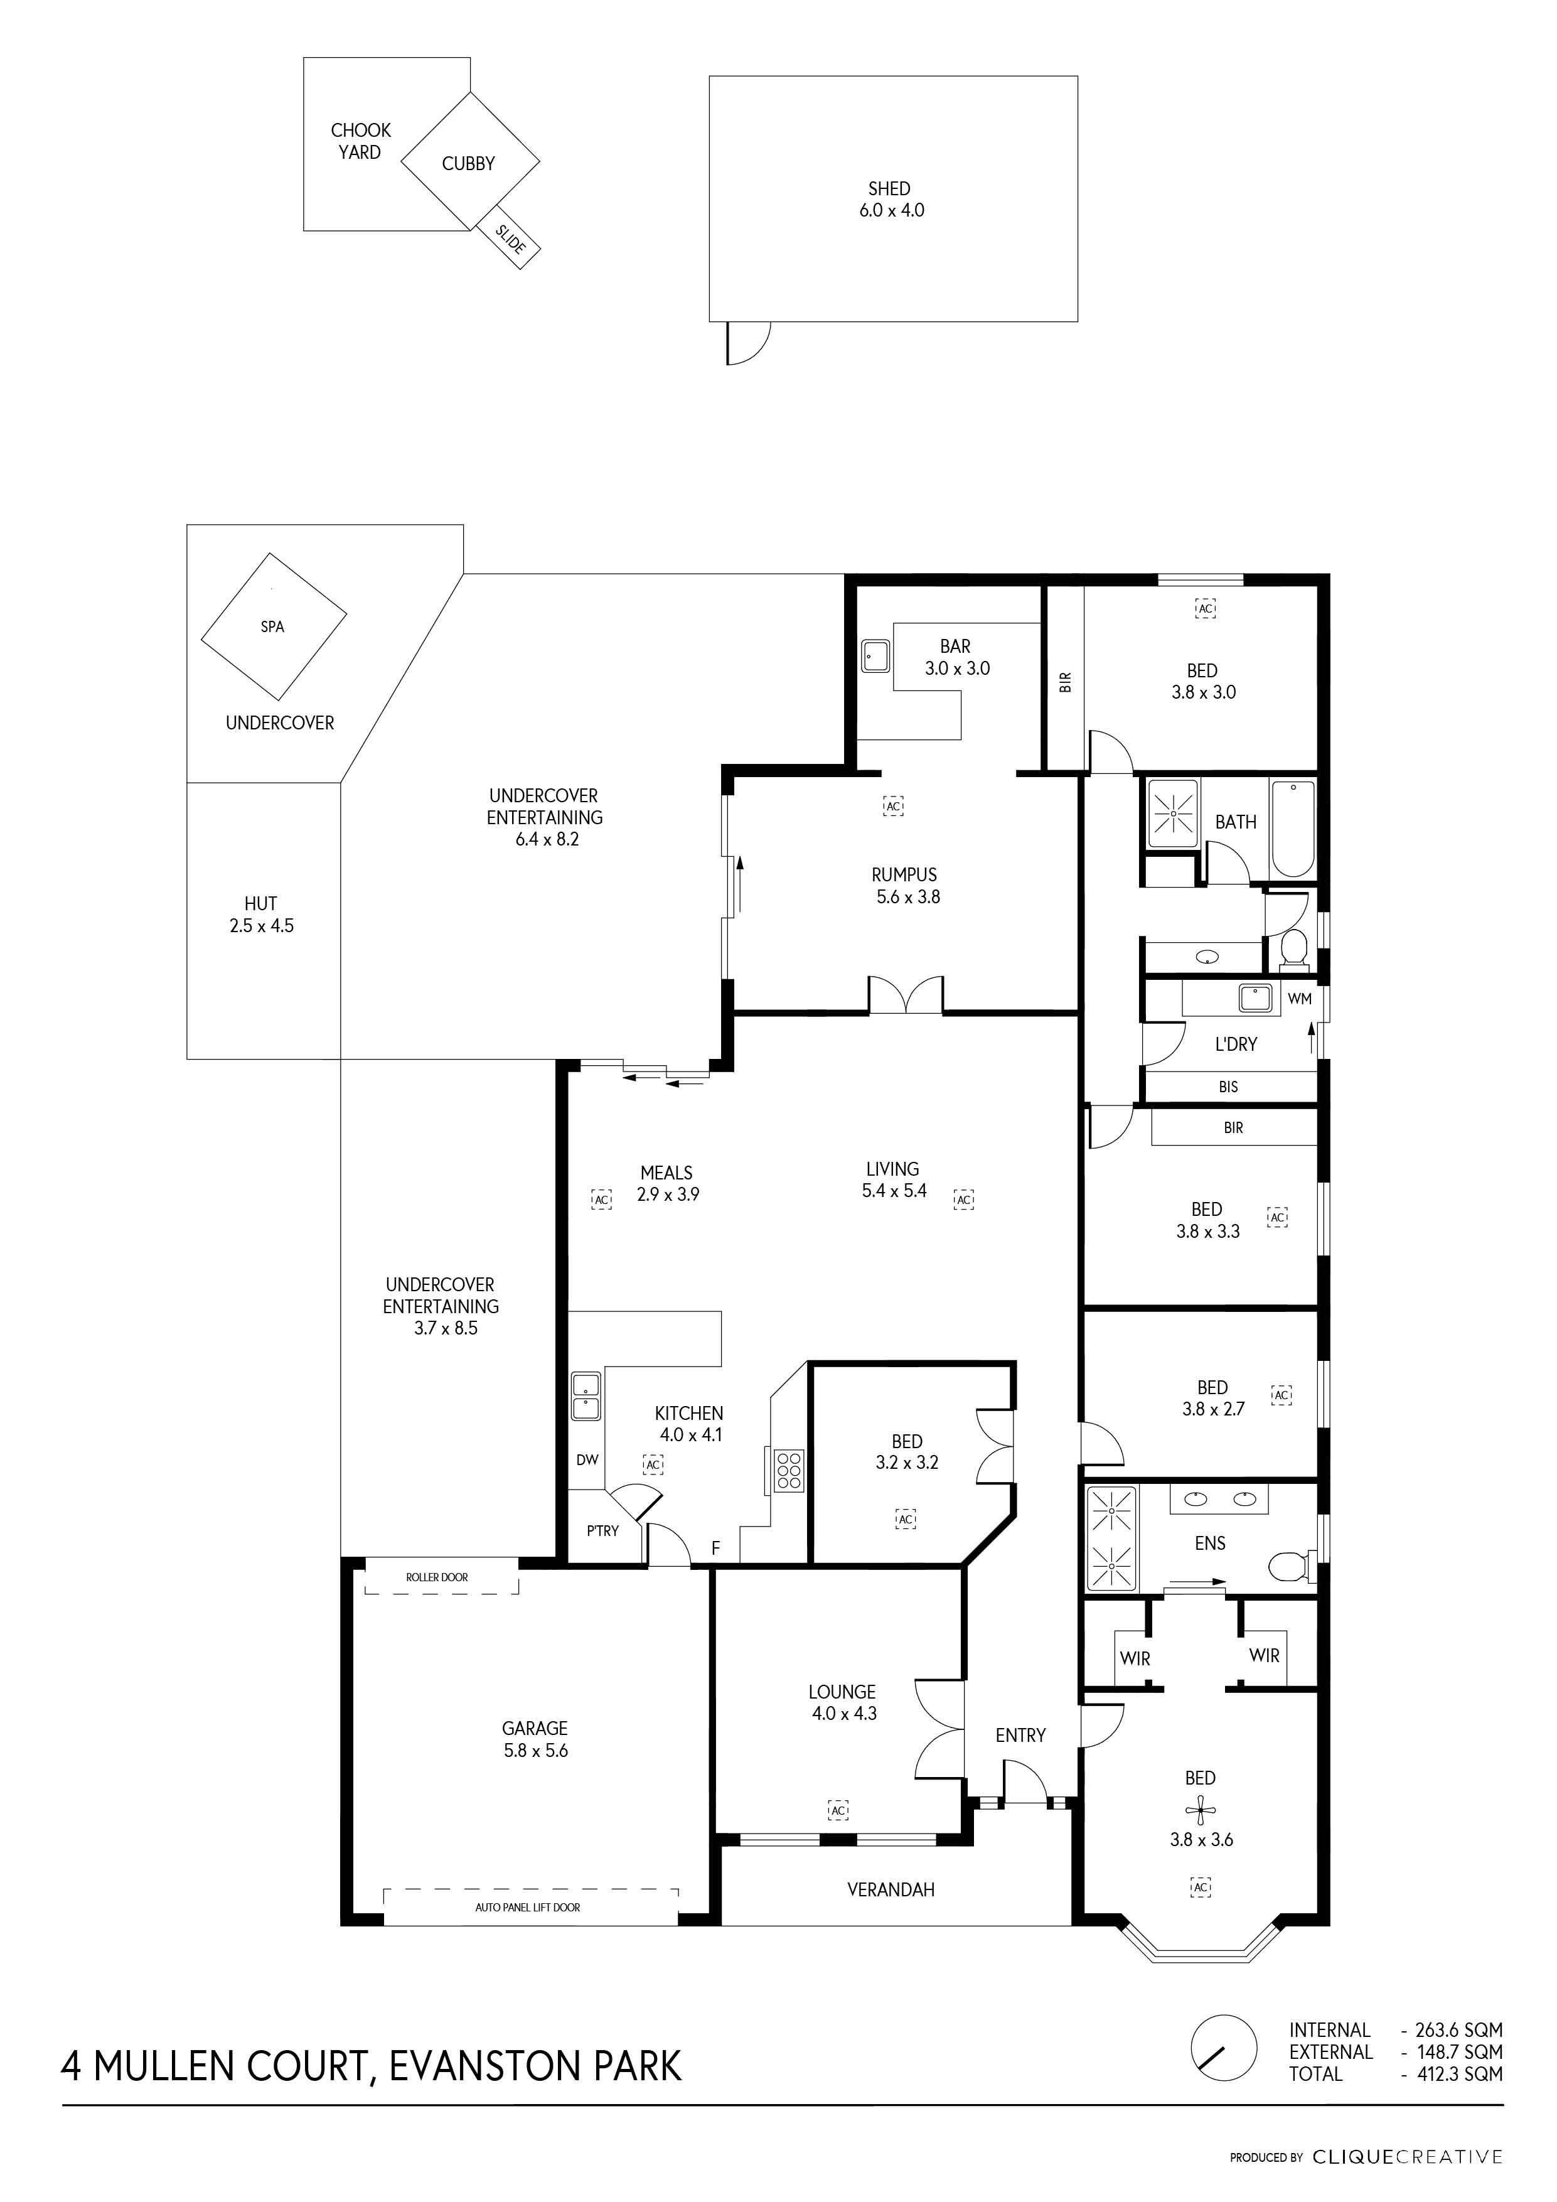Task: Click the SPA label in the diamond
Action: click(272, 626)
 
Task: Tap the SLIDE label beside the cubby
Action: click(510, 239)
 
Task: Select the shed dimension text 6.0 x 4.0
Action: click(892, 210)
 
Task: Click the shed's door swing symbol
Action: click(748, 342)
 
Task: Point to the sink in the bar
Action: click(874, 656)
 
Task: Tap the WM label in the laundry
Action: click(1299, 999)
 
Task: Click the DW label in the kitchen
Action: click(587, 1459)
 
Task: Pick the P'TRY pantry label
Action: click(603, 1530)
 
